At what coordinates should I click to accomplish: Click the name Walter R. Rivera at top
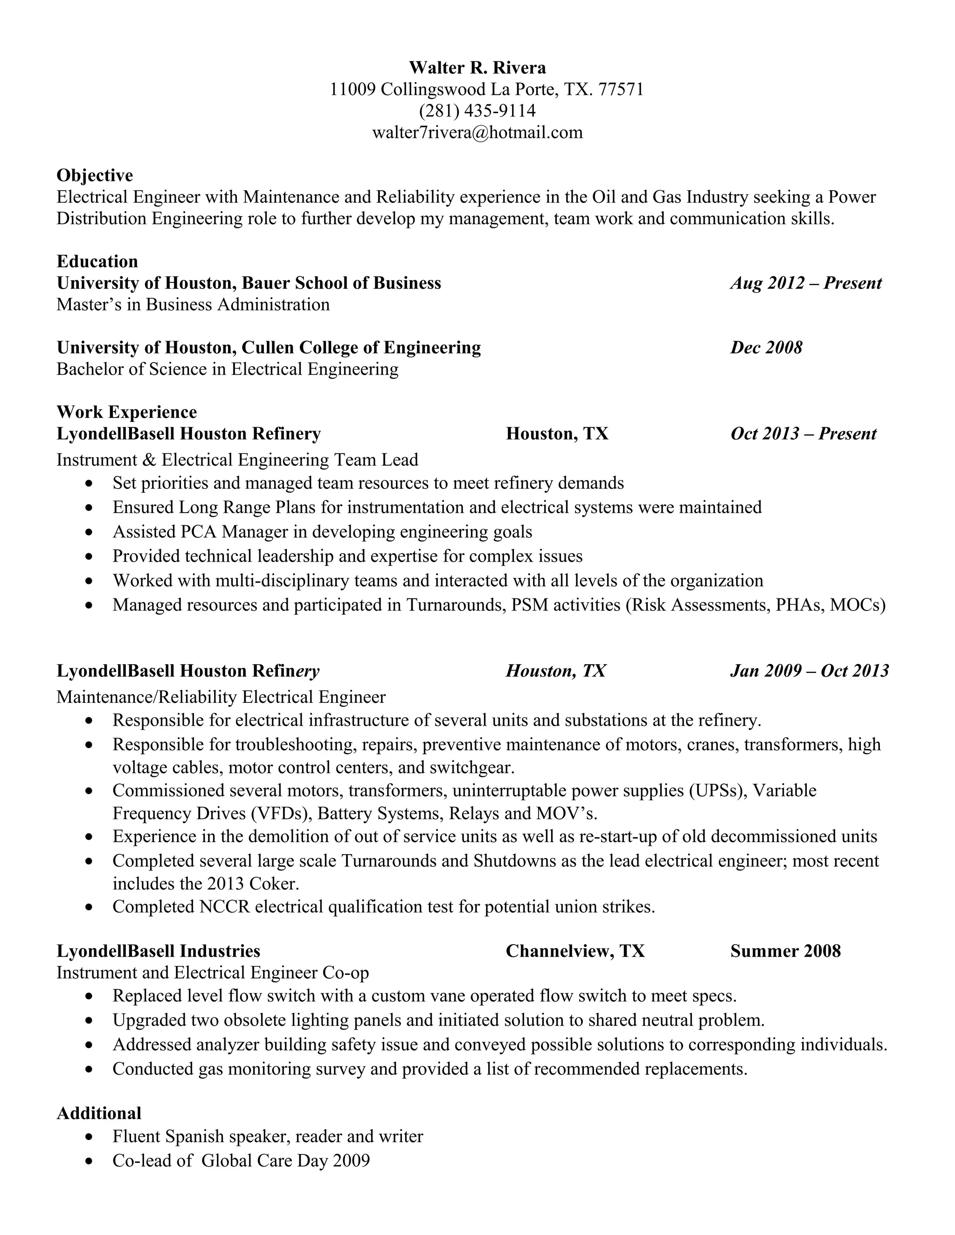(477, 68)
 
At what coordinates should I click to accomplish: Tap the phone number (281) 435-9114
(477, 111)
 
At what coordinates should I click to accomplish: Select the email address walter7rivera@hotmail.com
(477, 132)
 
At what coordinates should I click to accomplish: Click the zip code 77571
(621, 89)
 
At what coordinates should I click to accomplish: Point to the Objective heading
(95, 175)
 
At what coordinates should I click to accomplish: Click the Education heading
(97, 261)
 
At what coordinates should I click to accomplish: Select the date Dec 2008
(766, 347)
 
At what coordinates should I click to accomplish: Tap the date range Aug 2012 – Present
(806, 283)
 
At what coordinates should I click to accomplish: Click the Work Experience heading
(127, 412)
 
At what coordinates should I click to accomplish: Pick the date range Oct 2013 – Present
(803, 434)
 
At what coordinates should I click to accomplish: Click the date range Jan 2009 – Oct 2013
(810, 671)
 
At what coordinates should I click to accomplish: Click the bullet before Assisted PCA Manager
(88, 532)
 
